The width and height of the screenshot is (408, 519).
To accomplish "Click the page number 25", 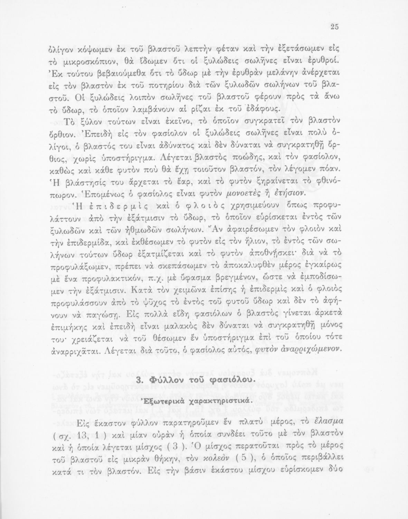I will tap(334, 28).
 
